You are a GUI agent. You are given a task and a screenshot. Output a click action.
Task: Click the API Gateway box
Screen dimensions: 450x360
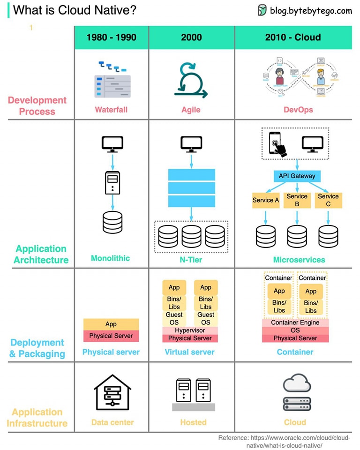pyautogui.click(x=297, y=176)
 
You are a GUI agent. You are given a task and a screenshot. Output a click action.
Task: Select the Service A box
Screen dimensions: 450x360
pyautogui.click(x=266, y=200)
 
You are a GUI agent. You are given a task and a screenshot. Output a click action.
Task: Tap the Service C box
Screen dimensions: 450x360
pyautogui.click(x=328, y=200)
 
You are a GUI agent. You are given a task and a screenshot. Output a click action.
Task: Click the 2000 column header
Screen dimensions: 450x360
pyautogui.click(x=191, y=37)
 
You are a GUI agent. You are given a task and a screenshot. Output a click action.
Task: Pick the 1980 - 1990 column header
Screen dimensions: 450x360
pyautogui.click(x=111, y=37)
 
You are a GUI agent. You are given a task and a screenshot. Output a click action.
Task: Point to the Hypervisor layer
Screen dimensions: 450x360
pyautogui.click(x=190, y=330)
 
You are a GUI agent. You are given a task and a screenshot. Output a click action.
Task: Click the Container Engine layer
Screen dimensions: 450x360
pyautogui.click(x=295, y=322)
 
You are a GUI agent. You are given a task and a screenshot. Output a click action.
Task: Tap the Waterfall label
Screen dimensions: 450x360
pyautogui.click(x=111, y=110)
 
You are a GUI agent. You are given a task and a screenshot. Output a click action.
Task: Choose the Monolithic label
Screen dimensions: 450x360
pyautogui.click(x=110, y=258)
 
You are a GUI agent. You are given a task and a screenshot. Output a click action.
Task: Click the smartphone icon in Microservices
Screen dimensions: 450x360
pyautogui.click(x=276, y=143)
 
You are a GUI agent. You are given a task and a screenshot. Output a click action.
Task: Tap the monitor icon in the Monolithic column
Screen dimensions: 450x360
pyautogui.click(x=112, y=143)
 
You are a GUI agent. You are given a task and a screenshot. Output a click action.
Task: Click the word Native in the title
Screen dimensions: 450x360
pyautogui.click(x=116, y=10)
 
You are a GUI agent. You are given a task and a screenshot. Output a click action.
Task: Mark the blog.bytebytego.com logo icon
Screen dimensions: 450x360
pyautogui.click(x=262, y=10)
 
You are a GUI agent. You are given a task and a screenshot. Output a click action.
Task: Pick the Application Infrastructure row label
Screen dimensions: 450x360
pyautogui.click(x=37, y=418)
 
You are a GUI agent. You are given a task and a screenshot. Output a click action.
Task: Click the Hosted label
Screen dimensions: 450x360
pyautogui.click(x=193, y=422)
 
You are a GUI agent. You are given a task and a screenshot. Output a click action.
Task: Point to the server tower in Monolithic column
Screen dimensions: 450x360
pyautogui.click(x=112, y=183)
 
